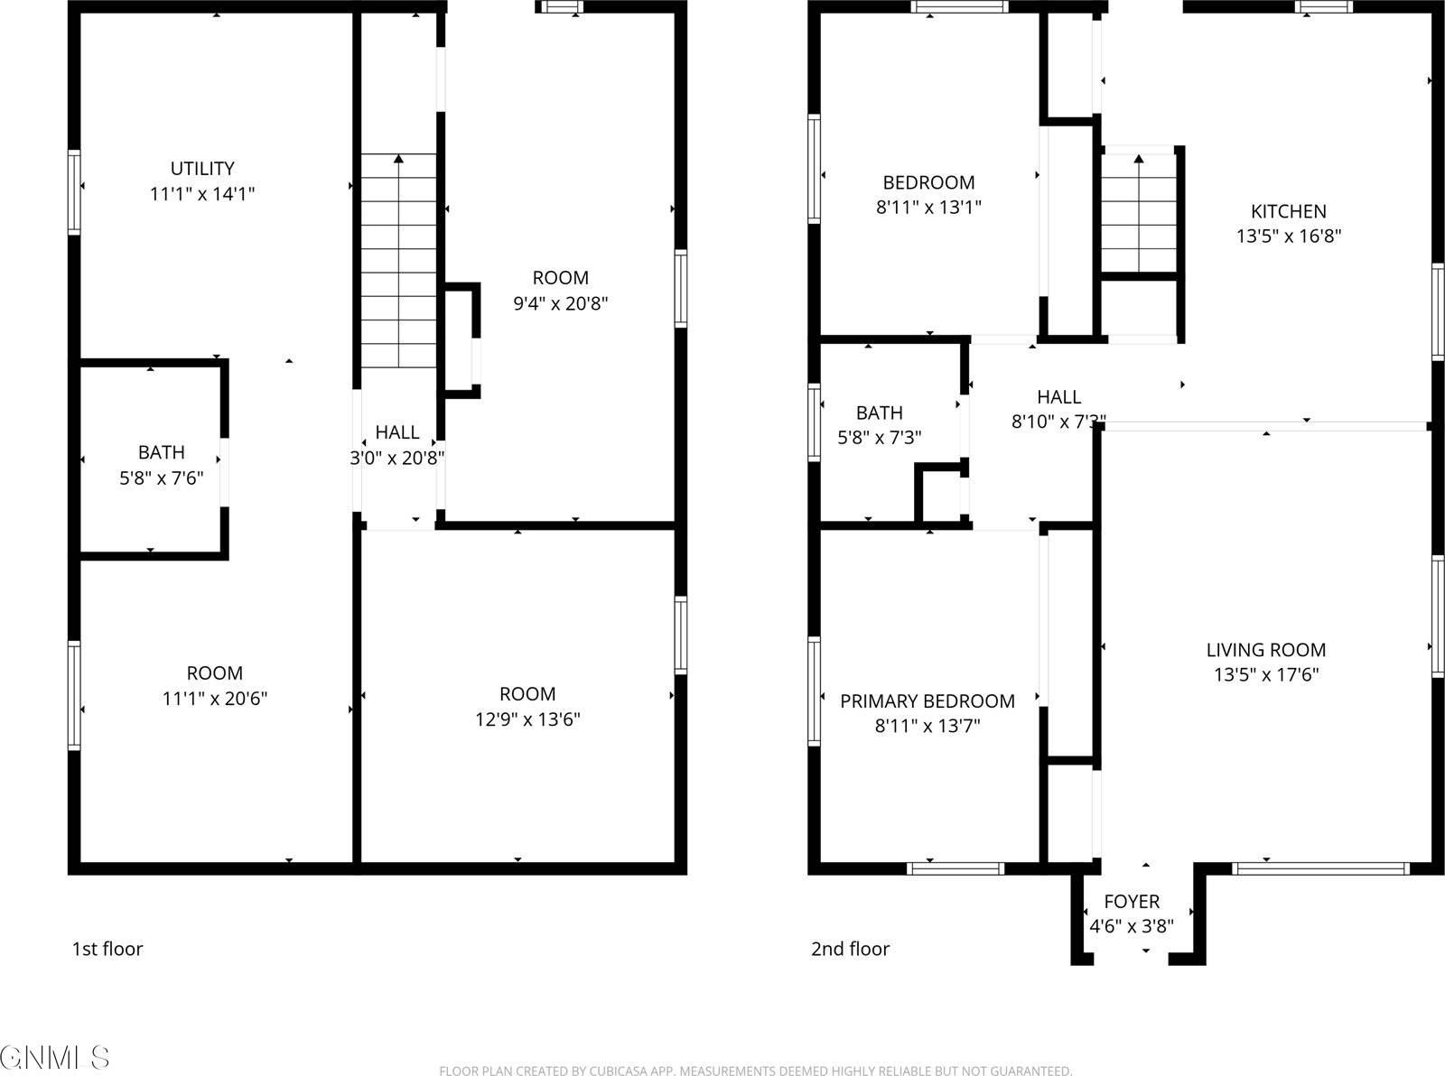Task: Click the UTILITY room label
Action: pyautogui.click(x=202, y=169)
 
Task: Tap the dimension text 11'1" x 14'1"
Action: pyautogui.click(x=202, y=194)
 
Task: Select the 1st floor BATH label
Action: pyautogui.click(x=162, y=452)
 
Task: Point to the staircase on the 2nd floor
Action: pyautogui.click(x=1138, y=213)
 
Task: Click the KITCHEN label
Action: pyautogui.click(x=1288, y=211)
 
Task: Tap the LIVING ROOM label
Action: pyautogui.click(x=1265, y=650)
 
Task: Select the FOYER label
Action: pyautogui.click(x=1132, y=901)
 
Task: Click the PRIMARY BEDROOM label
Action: pyautogui.click(x=927, y=701)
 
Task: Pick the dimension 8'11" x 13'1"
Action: pyautogui.click(x=928, y=207)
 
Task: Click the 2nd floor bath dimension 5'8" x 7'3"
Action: pyautogui.click(x=879, y=438)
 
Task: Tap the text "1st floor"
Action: pyautogui.click(x=107, y=949)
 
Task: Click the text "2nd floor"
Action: pyautogui.click(x=850, y=949)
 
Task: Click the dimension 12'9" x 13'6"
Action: pyautogui.click(x=527, y=719)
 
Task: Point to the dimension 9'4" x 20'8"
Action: pyautogui.click(x=560, y=303)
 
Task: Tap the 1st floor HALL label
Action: pyautogui.click(x=397, y=432)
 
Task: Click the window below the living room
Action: pyautogui.click(x=1319, y=869)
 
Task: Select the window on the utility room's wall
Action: pyautogui.click(x=74, y=192)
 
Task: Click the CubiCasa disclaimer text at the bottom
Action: pyautogui.click(x=755, y=1071)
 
